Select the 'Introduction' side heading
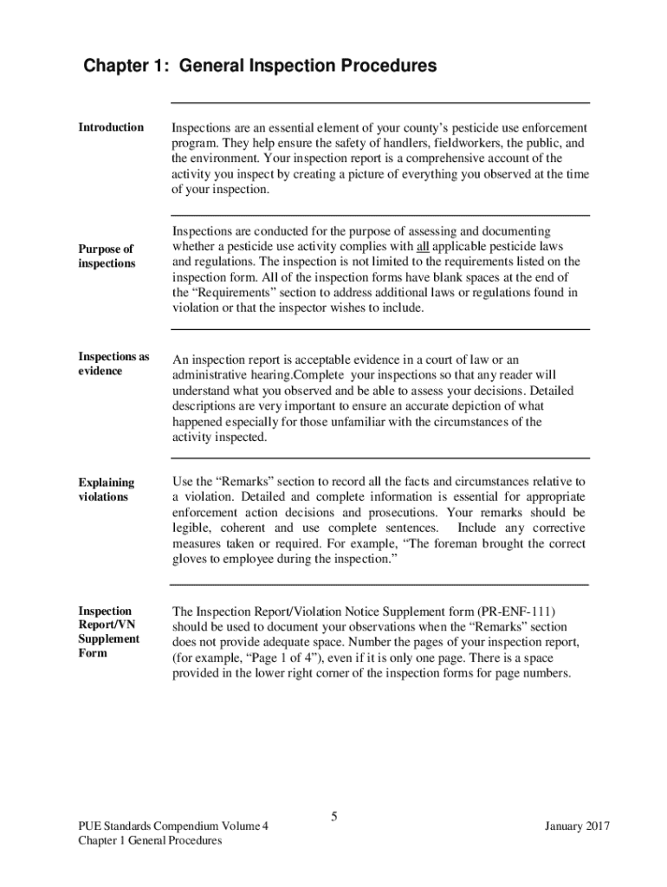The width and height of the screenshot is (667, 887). pos(111,127)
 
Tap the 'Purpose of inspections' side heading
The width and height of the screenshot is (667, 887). pos(107,256)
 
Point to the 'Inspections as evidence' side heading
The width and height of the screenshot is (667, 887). pos(113,364)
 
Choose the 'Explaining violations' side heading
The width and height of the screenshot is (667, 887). pos(107,489)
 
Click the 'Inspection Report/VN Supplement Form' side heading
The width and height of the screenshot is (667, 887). pos(109,631)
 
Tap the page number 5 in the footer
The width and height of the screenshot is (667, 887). pos(333,816)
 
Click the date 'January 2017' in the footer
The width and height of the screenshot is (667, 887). pos(577,826)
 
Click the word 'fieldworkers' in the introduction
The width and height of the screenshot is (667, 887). pos(457,143)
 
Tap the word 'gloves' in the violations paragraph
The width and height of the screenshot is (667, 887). pos(189,560)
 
